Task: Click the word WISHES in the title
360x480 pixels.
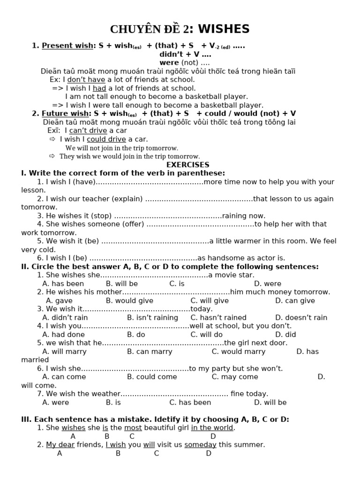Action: pos(224,29)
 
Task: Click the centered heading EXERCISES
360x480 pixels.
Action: pos(188,165)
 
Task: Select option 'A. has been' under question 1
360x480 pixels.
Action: pos(63,284)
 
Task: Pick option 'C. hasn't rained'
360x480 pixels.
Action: pos(218,317)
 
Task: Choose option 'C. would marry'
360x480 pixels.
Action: pos(238,351)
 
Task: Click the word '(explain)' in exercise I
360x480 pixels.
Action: pos(128,199)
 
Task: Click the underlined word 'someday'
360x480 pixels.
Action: pos(200,444)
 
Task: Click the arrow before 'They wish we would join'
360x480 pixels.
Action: pos(52,156)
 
